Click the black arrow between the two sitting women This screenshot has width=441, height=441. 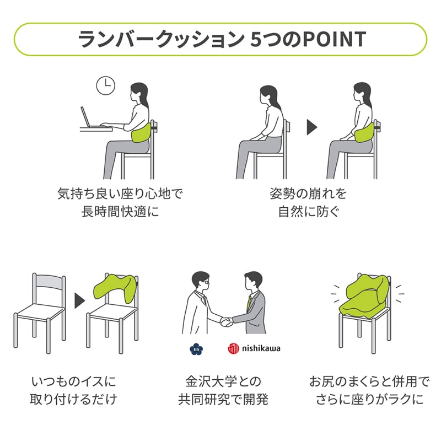pyautogui.click(x=312, y=127)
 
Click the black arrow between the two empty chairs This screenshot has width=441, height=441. pyautogui.click(x=79, y=300)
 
